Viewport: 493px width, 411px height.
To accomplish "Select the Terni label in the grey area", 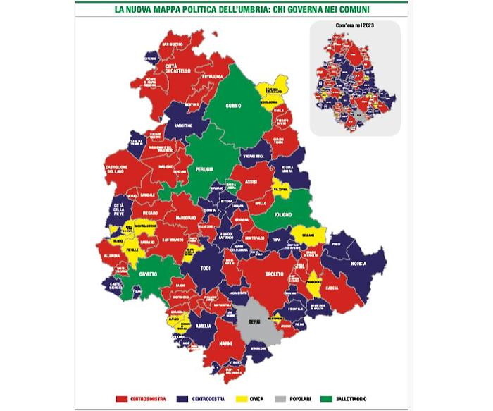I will point(254,321).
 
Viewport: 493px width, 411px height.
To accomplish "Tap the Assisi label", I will point(251,181).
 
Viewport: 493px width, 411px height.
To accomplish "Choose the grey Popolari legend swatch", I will point(286,400).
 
